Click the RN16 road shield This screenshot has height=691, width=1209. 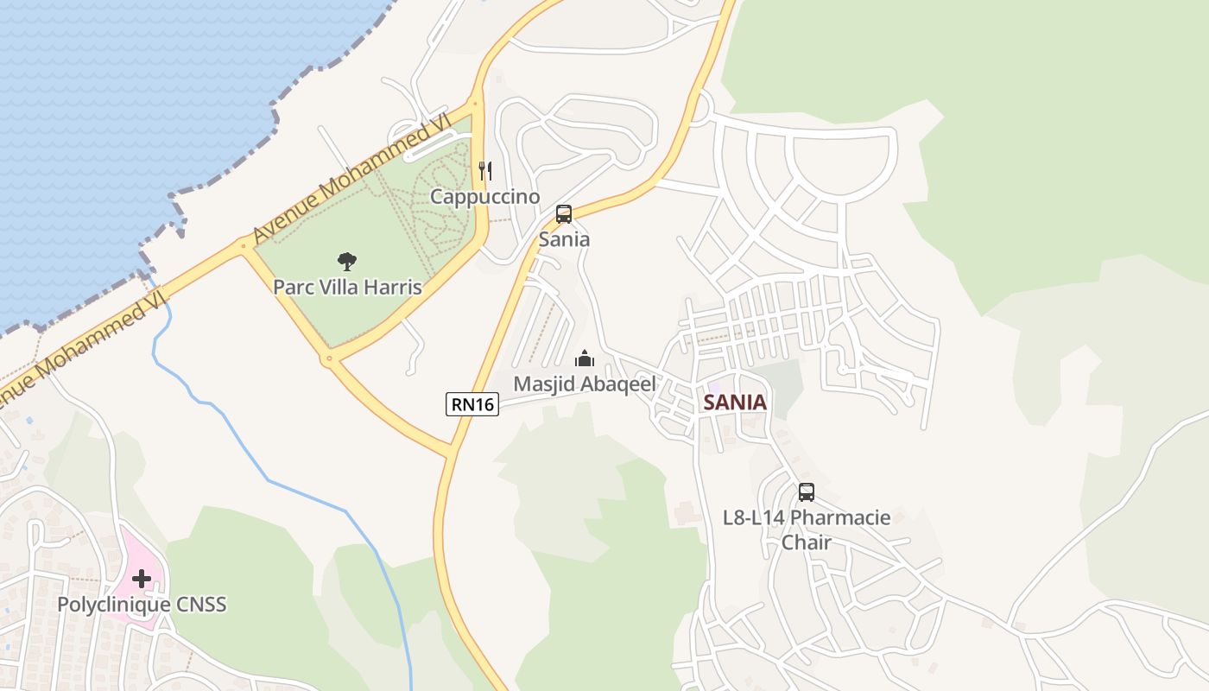pos(472,403)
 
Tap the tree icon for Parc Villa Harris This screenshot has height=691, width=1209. pos(347,261)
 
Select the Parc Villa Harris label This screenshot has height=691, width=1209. pos(347,287)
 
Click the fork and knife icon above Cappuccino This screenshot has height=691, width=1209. pos(485,171)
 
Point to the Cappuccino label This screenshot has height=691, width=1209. pos(485,197)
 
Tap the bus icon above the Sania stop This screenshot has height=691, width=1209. pos(564,214)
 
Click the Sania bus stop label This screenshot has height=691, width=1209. pos(564,239)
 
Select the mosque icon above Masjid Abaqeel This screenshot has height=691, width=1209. pos(585,358)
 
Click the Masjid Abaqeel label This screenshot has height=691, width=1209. pos(585,384)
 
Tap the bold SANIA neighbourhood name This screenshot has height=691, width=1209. pos(735,403)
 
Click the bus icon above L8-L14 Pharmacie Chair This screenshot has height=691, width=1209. pos(806,492)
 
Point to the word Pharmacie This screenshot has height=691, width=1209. pos(840,518)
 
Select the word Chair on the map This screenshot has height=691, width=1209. pos(806,542)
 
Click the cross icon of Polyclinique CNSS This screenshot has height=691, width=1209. pos(142,578)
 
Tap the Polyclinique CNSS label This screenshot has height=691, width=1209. pos(142,604)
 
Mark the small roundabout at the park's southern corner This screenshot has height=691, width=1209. pos(328,358)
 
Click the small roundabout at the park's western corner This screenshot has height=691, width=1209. pos(243,248)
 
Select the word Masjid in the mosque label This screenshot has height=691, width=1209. pos(542,384)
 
